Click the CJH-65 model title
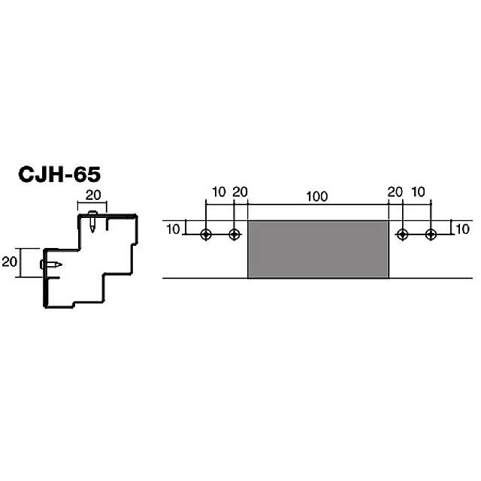59,174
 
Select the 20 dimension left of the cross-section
10,262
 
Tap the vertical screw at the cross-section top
92,222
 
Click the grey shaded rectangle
318,249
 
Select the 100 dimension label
317,196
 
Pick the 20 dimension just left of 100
240,192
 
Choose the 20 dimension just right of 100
395,192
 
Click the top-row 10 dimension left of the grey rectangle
218,192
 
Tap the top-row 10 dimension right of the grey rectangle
418,192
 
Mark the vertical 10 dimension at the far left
172,228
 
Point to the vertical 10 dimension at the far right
462,228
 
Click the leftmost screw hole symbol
206,234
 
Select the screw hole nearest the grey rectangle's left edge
234,234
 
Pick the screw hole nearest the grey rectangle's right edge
402,234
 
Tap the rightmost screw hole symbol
431,234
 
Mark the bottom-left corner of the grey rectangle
248,278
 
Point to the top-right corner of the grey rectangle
389,221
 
